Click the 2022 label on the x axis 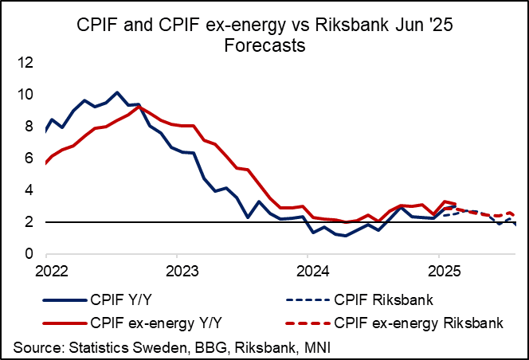[46, 271]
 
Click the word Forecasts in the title [265, 46]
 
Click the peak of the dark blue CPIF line [117, 92]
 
